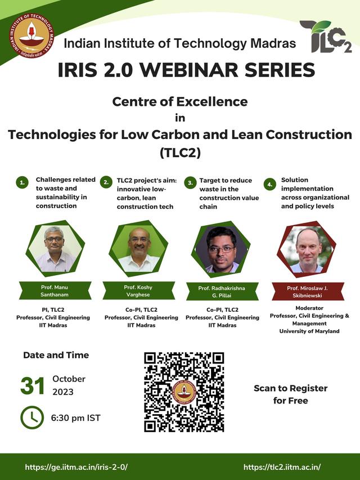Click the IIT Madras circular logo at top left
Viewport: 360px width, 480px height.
click(x=31, y=36)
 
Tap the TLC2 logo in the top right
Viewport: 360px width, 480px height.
click(x=326, y=37)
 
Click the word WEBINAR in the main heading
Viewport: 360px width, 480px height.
click(x=189, y=70)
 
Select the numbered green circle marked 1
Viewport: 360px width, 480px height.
click(x=22, y=183)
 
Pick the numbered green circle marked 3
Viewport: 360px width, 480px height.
click(x=190, y=183)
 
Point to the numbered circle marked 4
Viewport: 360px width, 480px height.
click(x=269, y=184)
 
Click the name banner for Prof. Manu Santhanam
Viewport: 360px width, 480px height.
click(x=55, y=290)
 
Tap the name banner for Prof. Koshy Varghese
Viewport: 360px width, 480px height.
click(x=138, y=290)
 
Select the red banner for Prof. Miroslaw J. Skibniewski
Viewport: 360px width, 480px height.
click(x=308, y=291)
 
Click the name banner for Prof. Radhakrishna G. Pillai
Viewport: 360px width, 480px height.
click(x=222, y=291)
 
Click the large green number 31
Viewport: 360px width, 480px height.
click(x=33, y=385)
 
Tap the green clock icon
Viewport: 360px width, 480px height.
click(x=32, y=418)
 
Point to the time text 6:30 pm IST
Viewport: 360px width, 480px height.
click(x=75, y=418)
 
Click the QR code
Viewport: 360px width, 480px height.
click(x=184, y=392)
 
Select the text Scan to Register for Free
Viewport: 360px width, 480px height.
click(x=290, y=394)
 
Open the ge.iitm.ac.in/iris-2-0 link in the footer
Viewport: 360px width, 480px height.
click(x=76, y=467)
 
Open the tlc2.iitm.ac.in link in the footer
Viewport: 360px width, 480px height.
click(x=282, y=467)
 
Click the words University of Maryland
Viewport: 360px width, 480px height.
click(x=309, y=331)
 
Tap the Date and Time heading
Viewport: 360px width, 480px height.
click(x=56, y=355)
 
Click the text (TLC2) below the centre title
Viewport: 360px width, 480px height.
click(x=180, y=152)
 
